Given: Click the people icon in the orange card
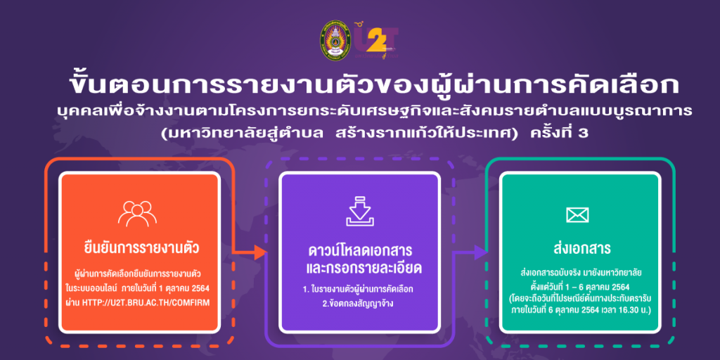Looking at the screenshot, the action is (x=137, y=214).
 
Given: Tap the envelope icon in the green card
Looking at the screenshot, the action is (x=577, y=214).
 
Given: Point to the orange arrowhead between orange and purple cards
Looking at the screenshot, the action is (x=260, y=252).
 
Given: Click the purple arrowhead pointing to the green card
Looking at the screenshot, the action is (x=481, y=252).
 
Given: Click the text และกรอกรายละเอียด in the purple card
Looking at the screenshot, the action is (x=360, y=269).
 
